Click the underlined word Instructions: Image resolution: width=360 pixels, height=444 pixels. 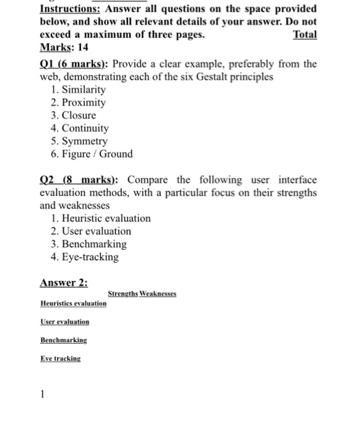[68, 10]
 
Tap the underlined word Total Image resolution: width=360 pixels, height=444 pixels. [304, 35]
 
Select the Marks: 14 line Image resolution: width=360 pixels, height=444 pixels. [64, 48]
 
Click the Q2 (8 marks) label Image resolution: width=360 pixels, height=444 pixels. [73, 180]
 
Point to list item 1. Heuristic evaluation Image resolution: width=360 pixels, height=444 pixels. [100, 218]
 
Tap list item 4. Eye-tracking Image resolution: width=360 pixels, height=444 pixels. [84, 257]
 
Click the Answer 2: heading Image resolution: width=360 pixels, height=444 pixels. [63, 283]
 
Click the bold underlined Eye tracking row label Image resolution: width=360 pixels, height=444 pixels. [60, 358]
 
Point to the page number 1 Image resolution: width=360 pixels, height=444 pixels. [42, 394]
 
